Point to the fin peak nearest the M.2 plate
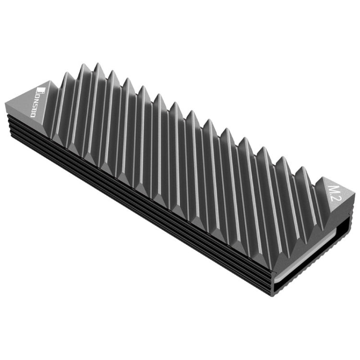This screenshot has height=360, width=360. [x=302, y=168]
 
